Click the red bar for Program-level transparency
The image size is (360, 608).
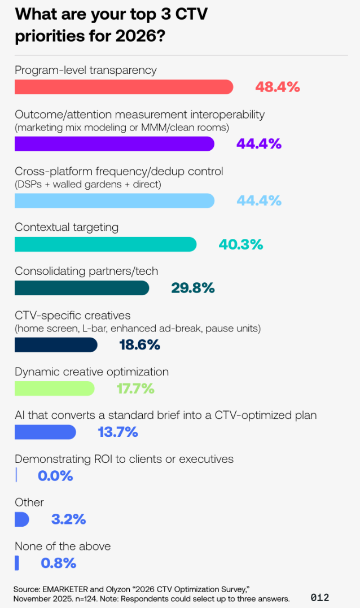pyautogui.click(x=124, y=87)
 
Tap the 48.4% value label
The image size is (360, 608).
pyautogui.click(x=277, y=87)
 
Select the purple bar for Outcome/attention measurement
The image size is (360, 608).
pyautogui.click(x=114, y=144)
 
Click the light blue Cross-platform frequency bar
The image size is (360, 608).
pyautogui.click(x=114, y=200)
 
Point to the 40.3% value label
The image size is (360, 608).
pyautogui.click(x=240, y=244)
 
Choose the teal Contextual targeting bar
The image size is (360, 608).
pyautogui.click(x=105, y=244)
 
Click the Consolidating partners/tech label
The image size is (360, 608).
pyautogui.click(x=86, y=271)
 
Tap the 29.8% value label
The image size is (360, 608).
pyautogui.click(x=192, y=288)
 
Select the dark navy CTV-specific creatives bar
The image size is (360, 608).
pyautogui.click(x=56, y=344)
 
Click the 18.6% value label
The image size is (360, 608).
pyautogui.click(x=139, y=344)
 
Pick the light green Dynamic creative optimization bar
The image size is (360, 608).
pyautogui.click(x=54, y=388)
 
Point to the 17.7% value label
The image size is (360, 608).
pyautogui.click(x=135, y=388)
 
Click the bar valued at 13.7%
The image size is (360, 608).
pyautogui.click(x=45, y=432)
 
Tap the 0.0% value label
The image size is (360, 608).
pyautogui.click(x=55, y=475)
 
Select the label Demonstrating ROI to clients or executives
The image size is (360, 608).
pyautogui.click(x=124, y=459)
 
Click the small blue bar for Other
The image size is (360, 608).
pyautogui.click(x=21, y=519)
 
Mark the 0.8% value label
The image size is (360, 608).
pyautogui.click(x=58, y=563)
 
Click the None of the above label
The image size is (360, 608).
pyautogui.click(x=63, y=546)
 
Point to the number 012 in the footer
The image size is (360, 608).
pyautogui.click(x=320, y=597)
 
